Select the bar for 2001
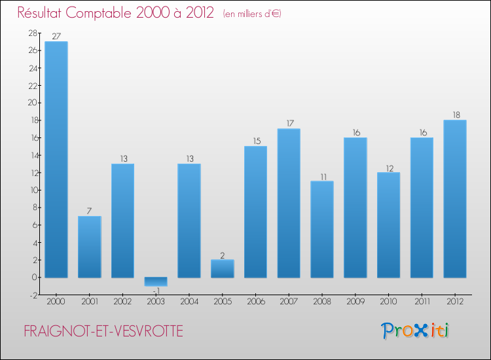90,247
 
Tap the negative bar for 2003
156,281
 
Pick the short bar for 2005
223,268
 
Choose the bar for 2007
289,203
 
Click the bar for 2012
455,198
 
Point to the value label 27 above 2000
56,37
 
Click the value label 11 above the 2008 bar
322,176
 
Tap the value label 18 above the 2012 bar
455,115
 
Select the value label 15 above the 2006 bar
255,141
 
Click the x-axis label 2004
189,302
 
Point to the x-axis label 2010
389,302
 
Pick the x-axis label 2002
122,302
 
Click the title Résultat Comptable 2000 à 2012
115,13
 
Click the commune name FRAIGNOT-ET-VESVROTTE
103,332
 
